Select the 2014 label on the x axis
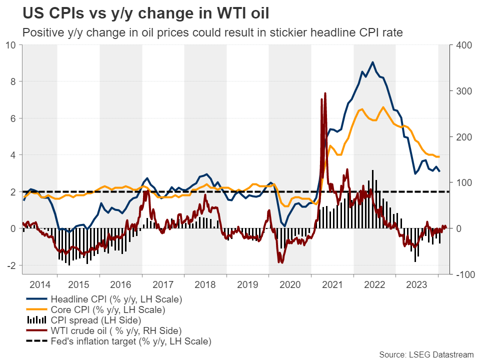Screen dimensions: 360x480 [40, 284]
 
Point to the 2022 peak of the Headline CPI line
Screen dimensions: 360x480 [372, 62]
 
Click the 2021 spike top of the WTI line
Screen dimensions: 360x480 [325, 93]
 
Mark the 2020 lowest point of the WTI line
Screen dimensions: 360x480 [281, 262]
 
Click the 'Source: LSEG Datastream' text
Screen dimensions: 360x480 [425, 354]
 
